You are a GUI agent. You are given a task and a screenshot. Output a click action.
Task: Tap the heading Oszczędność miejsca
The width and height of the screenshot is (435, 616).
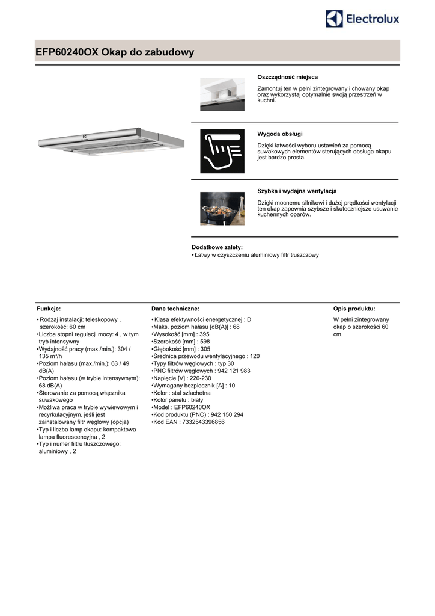[x=287, y=77]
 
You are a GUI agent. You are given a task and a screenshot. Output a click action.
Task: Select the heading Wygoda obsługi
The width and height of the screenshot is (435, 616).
[x=280, y=133]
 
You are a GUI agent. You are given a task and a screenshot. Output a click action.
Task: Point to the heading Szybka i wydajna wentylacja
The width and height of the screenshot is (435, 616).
[x=297, y=191]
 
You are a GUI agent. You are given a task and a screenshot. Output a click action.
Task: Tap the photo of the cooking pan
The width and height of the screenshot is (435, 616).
[x=222, y=208]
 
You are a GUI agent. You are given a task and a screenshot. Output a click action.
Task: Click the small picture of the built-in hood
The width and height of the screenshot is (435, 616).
[x=222, y=94]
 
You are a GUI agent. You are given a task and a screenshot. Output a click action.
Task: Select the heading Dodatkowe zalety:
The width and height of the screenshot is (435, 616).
[x=217, y=247]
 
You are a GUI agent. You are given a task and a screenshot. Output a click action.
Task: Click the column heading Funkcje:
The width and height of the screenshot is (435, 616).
[x=49, y=309]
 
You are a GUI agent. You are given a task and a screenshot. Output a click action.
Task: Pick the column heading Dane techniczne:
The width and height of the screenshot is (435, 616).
[x=175, y=309]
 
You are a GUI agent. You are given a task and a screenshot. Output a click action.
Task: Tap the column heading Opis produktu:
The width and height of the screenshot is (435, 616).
[x=354, y=309]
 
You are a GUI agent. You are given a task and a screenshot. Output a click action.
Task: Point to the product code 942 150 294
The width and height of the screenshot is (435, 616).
[x=221, y=415]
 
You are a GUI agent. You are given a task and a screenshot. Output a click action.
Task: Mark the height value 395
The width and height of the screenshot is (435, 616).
[x=204, y=334]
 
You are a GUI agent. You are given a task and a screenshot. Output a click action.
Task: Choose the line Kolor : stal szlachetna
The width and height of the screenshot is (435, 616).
[x=182, y=393]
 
